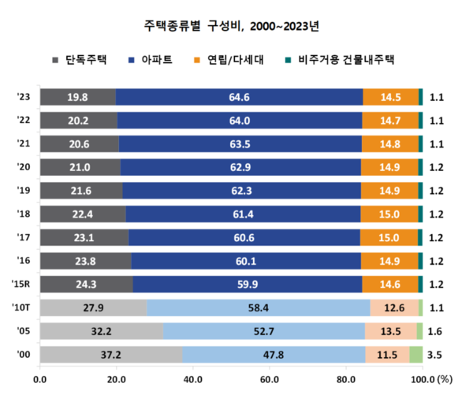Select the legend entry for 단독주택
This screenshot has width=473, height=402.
coord(80,59)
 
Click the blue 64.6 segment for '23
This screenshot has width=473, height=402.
coord(240,97)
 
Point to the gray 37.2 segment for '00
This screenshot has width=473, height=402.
coord(111,355)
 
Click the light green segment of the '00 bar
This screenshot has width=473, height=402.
coord(416,355)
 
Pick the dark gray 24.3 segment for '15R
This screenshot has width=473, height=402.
coord(87,285)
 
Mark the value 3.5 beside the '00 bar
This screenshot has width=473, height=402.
coord(434,355)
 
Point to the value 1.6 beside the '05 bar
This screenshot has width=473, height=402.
coord(434,332)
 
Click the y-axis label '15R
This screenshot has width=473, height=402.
coord(23,285)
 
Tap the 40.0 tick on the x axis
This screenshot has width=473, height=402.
coord(192,379)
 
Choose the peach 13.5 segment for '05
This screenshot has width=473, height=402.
coord(391,332)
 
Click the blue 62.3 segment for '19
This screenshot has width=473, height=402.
coord(242,191)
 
